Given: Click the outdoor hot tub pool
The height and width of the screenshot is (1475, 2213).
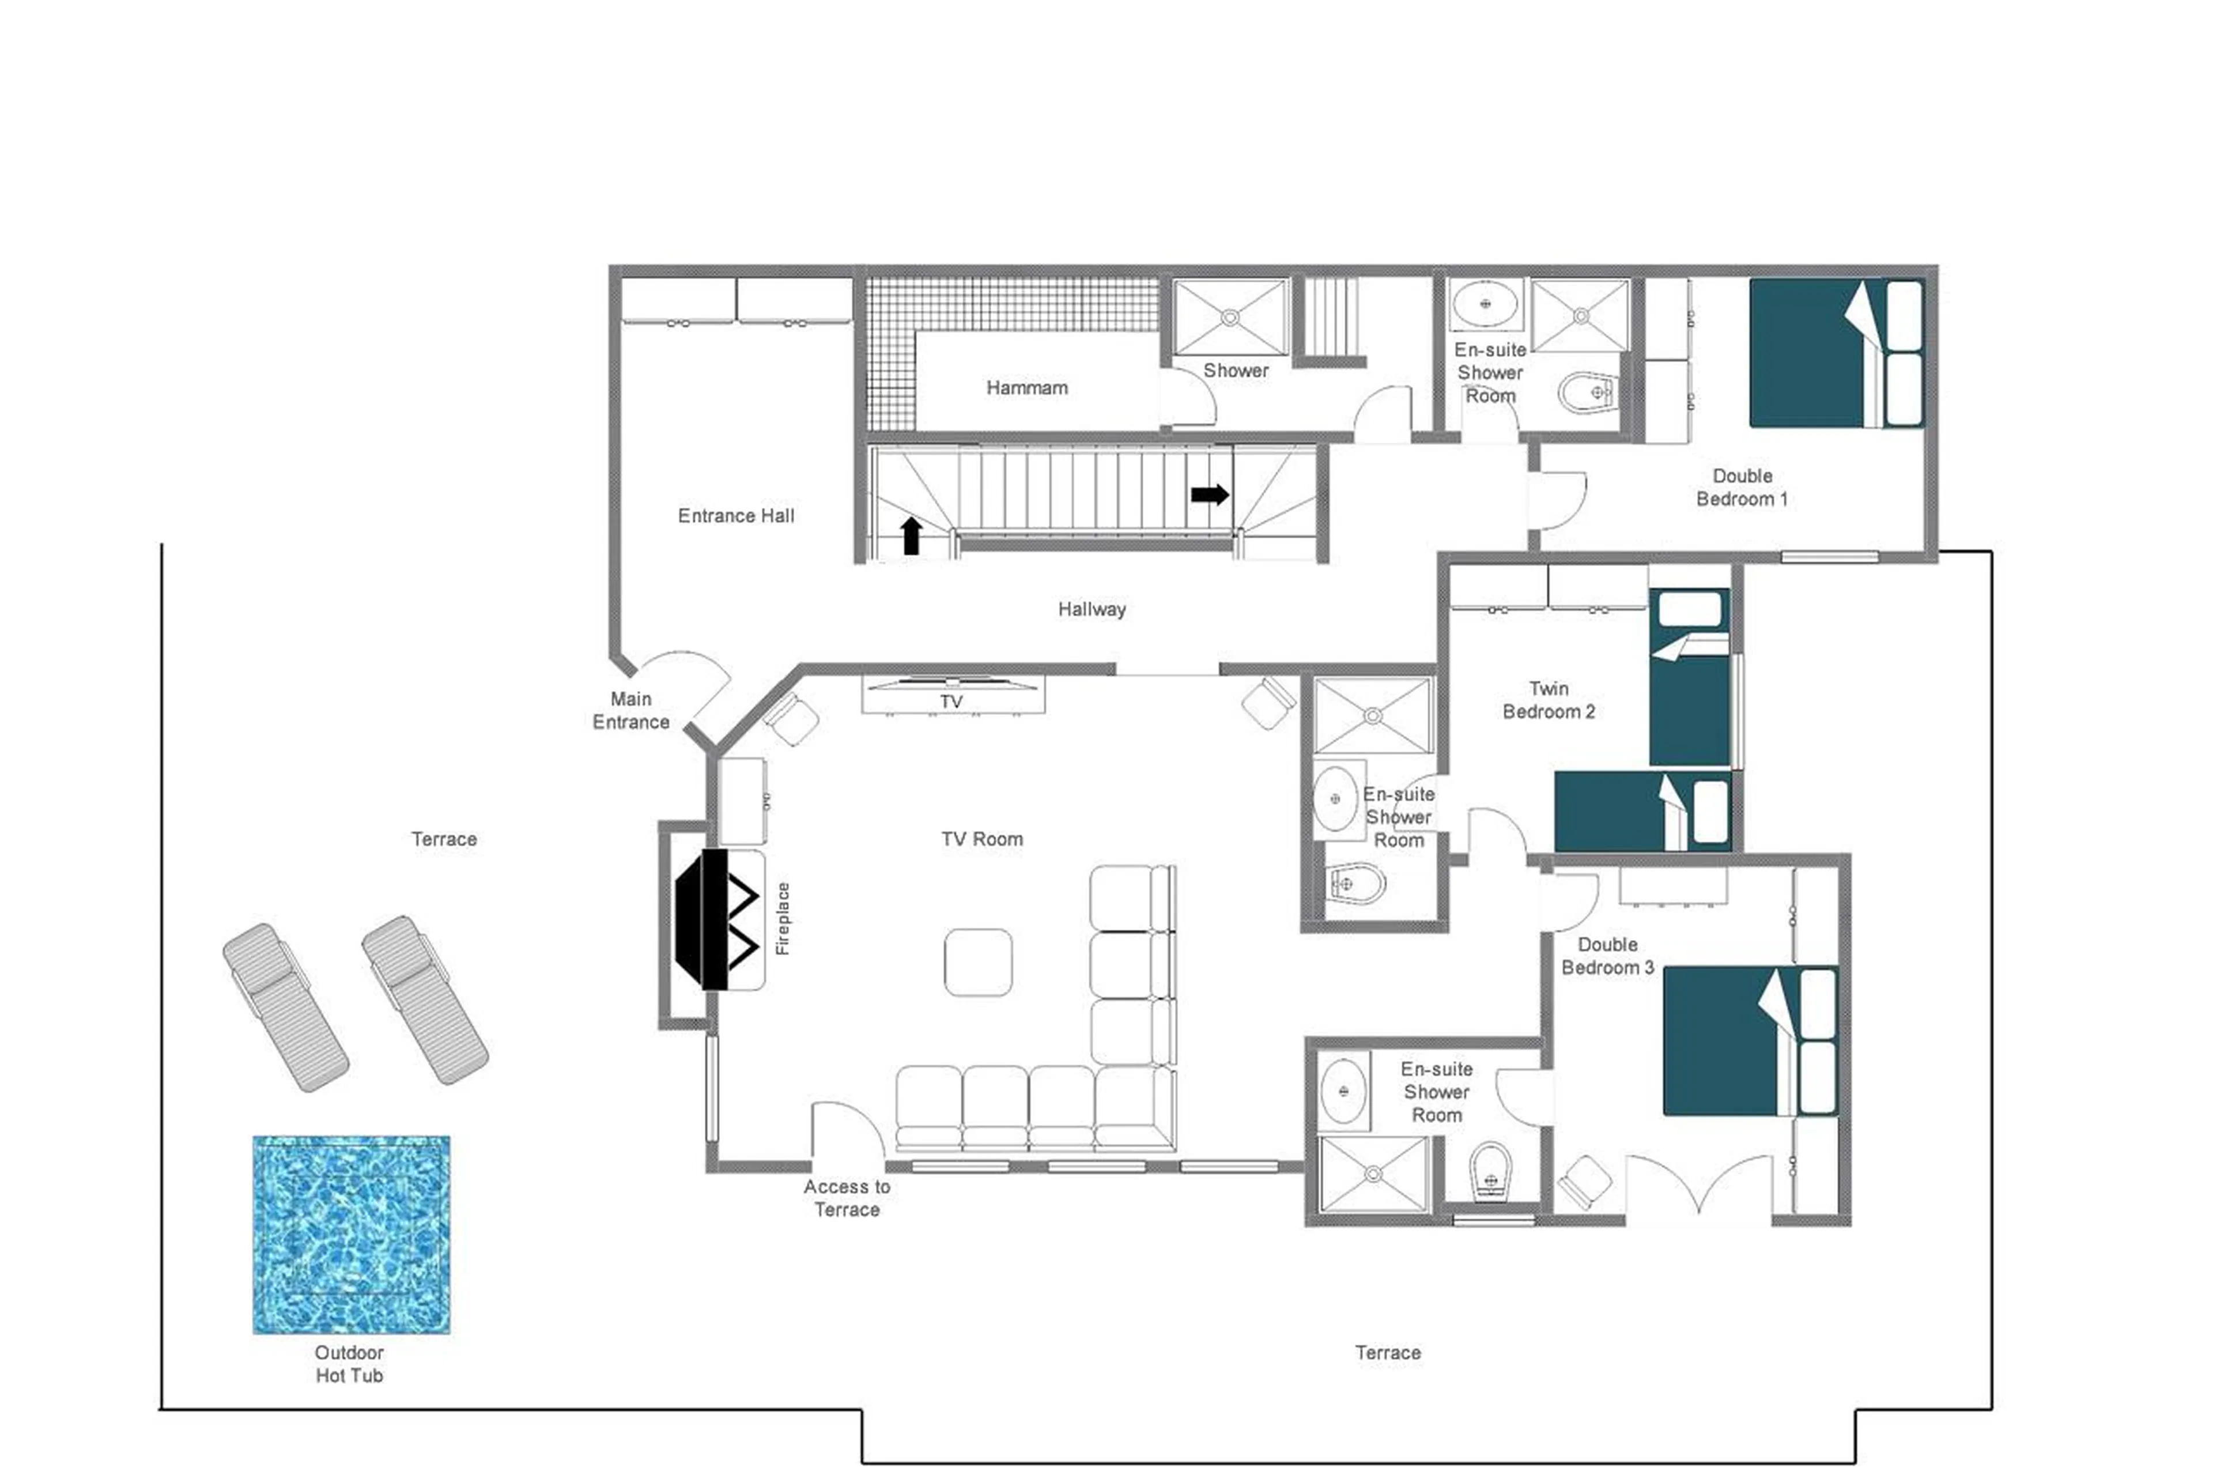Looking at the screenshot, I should pyautogui.click(x=351, y=1233).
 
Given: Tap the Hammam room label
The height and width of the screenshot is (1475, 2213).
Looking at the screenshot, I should pyautogui.click(x=1026, y=387).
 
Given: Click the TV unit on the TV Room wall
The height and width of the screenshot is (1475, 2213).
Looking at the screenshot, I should pyautogui.click(x=952, y=694).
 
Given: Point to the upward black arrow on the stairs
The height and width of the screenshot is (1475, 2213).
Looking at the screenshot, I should pyautogui.click(x=911, y=534).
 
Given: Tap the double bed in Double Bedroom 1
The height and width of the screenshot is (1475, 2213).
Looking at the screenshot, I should pyautogui.click(x=1834, y=353).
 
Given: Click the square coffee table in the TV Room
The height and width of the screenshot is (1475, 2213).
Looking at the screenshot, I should pyautogui.click(x=977, y=961).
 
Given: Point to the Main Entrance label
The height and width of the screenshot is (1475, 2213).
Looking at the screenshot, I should pyautogui.click(x=630, y=710).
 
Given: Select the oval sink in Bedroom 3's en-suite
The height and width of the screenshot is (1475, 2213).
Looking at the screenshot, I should pyautogui.click(x=1342, y=1091).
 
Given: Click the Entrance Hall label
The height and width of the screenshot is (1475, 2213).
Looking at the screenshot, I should pyautogui.click(x=735, y=515).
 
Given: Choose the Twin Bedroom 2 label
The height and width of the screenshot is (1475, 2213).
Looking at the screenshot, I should pyautogui.click(x=1548, y=700).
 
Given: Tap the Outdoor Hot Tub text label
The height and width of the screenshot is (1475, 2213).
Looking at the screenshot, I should pyautogui.click(x=349, y=1363).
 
